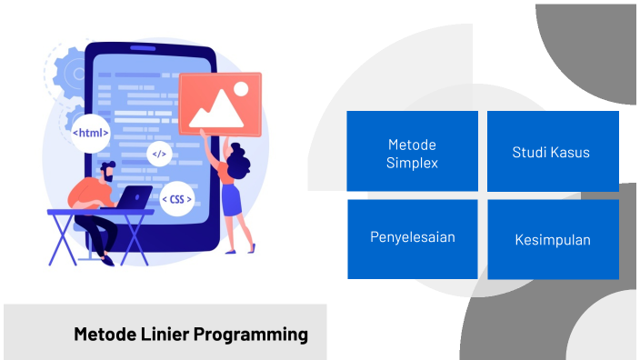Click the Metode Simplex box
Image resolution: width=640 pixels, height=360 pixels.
(412, 151)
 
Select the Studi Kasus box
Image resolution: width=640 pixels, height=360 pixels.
(553, 151)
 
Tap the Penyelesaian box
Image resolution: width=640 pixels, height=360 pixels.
(412, 238)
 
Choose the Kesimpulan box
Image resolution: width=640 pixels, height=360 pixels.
(553, 239)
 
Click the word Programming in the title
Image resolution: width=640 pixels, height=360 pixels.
(257, 335)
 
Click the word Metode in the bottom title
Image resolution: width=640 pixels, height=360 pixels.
(105, 335)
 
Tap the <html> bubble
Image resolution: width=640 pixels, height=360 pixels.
(91, 133)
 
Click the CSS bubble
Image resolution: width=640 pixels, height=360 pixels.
(175, 198)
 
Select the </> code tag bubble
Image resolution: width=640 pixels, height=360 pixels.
(159, 154)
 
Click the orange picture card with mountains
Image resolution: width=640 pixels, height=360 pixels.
(219, 103)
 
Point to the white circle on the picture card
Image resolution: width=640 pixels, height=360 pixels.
(241, 89)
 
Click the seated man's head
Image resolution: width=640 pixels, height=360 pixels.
(107, 170)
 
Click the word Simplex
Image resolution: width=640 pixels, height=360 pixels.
(412, 164)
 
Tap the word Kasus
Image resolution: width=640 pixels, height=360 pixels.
(570, 152)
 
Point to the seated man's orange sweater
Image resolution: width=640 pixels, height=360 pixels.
(89, 193)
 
